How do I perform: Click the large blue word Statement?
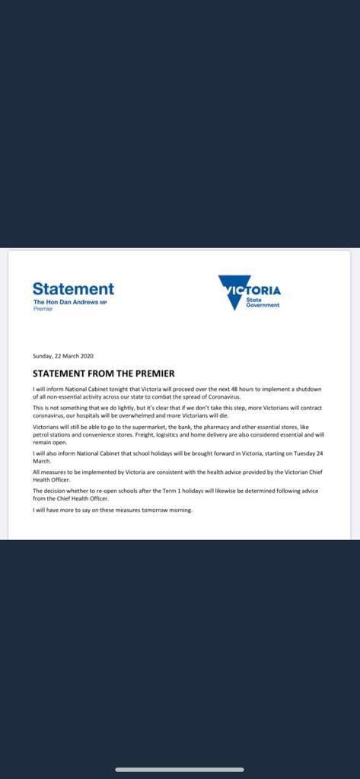coord(73,289)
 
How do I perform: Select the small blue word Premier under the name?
coord(43,309)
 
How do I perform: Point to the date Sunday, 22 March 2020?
coord(63,356)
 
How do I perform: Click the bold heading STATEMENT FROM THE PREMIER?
coord(104,374)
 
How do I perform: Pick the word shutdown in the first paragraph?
coord(307,389)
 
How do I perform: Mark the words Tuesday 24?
coord(307,453)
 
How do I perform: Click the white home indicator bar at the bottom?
coord(180,770)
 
